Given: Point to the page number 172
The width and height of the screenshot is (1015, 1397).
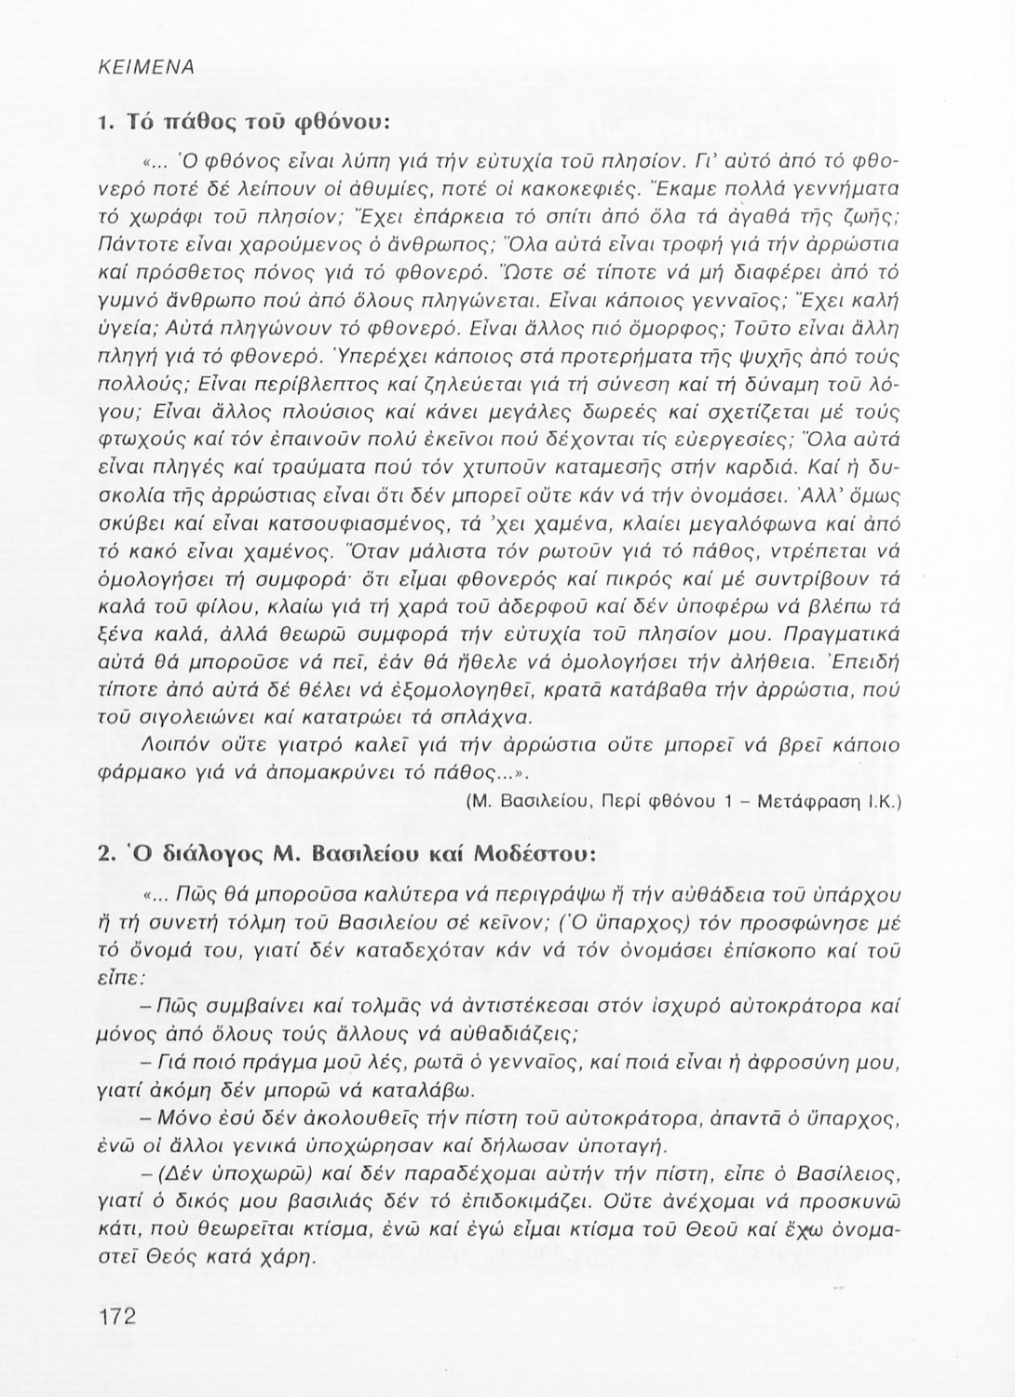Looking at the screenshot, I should coord(116,1316).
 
